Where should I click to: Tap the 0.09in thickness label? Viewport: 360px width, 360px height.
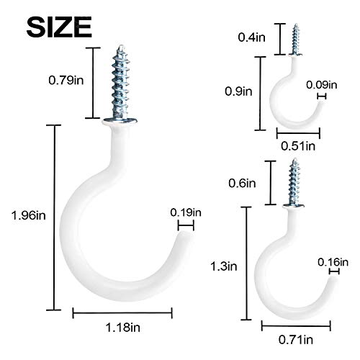[x=320, y=86]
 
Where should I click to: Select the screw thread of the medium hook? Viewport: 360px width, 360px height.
[x=294, y=183]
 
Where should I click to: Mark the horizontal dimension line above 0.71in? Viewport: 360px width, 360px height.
[x=296, y=323]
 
